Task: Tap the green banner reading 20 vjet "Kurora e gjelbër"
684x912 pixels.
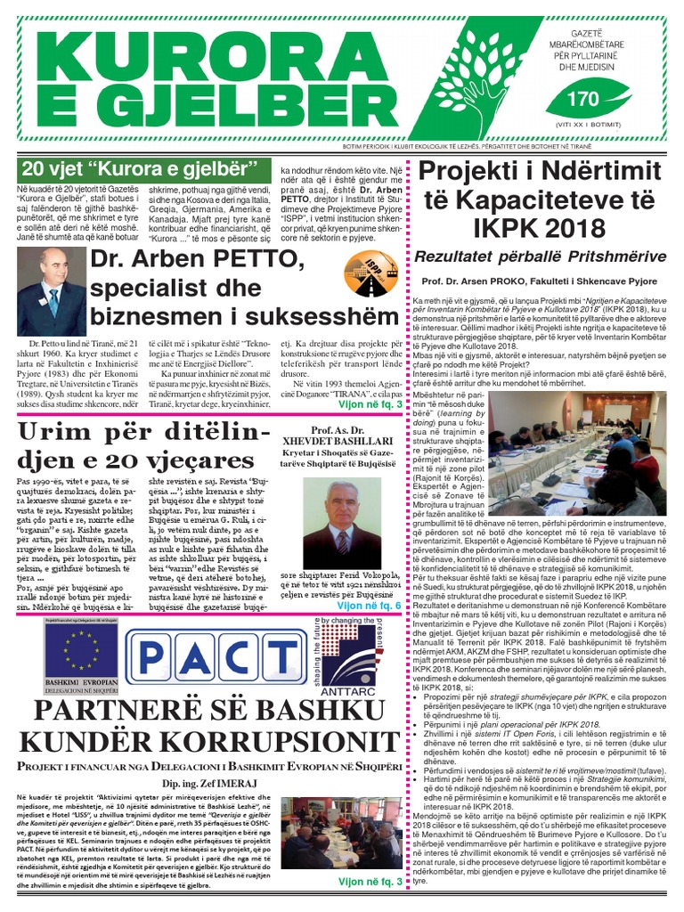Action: click(139, 168)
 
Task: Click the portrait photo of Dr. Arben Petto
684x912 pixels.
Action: click(51, 291)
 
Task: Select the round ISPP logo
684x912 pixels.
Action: click(371, 273)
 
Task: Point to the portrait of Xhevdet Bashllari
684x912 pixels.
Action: click(342, 525)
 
